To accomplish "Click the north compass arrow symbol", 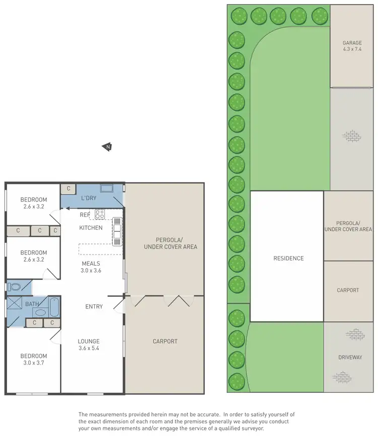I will click(107, 147).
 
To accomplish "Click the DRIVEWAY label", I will click(350, 357).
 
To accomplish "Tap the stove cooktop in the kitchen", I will click(99, 214).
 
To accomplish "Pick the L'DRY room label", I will click(89, 198).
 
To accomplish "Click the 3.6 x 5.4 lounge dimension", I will click(88, 348).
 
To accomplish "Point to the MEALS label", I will click(91, 263).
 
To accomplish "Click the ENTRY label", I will click(94, 306).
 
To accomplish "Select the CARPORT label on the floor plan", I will click(165, 341).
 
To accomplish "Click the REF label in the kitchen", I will click(85, 215).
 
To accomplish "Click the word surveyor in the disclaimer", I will click(252, 428).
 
